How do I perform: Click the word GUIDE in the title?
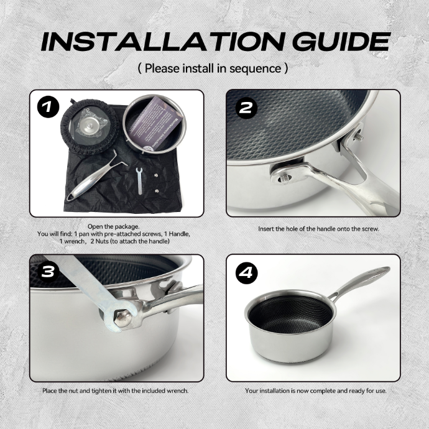[341, 42]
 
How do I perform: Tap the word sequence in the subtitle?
[255, 68]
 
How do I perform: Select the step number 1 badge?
[48, 107]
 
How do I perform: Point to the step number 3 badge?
[48, 272]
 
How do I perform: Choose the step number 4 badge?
[246, 272]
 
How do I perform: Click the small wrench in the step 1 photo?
[139, 180]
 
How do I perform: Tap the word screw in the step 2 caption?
[370, 229]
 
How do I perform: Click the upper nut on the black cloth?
[156, 175]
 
